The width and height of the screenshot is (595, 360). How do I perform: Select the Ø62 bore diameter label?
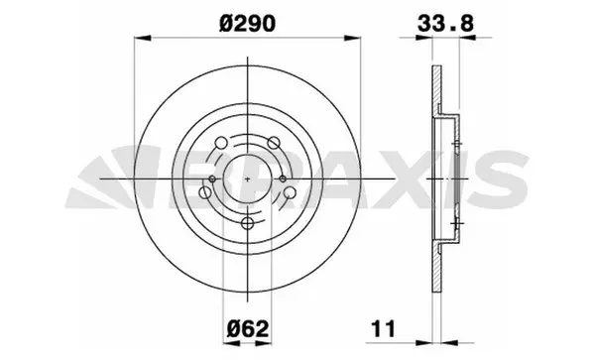[243, 327]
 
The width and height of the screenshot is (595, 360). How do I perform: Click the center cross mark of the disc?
[244, 180]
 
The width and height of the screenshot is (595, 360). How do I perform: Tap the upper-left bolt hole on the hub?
[220, 146]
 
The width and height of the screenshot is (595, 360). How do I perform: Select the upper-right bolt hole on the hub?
[268, 146]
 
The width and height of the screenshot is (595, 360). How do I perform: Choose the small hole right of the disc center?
[284, 180]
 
